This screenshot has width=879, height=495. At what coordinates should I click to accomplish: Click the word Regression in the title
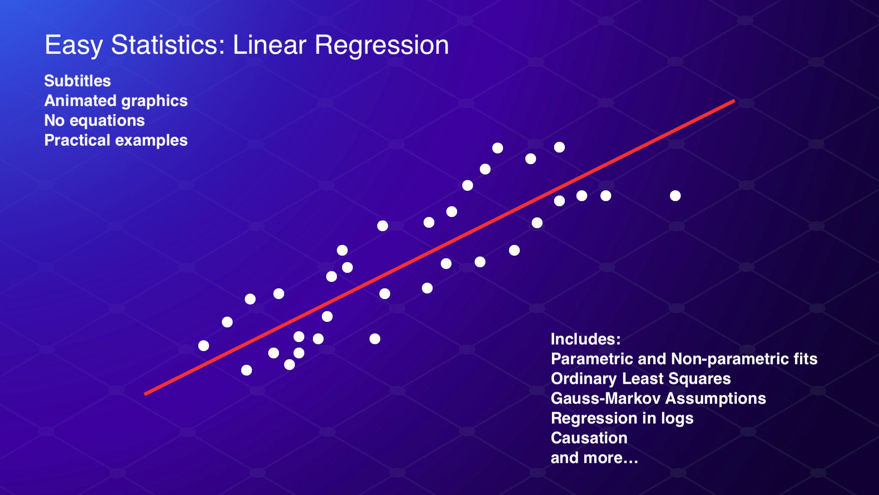pos(382,46)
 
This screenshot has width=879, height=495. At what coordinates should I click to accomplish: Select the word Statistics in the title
pos(168,45)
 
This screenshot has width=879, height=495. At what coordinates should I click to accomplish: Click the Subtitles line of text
pos(78,81)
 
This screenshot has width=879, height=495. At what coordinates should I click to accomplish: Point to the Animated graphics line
pos(116,101)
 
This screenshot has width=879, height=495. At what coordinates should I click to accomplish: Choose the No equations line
pos(94,120)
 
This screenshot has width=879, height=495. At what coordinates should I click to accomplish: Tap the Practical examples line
pos(116,141)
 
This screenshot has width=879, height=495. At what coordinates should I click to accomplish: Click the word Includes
pos(585,339)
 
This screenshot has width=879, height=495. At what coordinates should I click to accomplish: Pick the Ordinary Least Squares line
pos(641,379)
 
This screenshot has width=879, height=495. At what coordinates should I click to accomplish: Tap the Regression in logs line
pos(622,419)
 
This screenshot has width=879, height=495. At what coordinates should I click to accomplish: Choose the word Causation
pos(589,438)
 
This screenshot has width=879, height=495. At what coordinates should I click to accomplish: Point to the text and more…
pos(594,458)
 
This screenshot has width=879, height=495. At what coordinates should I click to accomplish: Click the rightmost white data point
pos(675,196)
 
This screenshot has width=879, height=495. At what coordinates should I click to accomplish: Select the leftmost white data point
pos(204,345)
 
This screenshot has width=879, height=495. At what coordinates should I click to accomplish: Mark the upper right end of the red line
pos(734,101)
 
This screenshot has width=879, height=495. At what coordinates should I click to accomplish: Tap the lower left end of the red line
pos(145,394)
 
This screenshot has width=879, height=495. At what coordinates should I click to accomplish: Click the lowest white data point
pos(246,370)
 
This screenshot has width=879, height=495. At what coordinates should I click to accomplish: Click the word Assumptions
pos(715,399)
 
